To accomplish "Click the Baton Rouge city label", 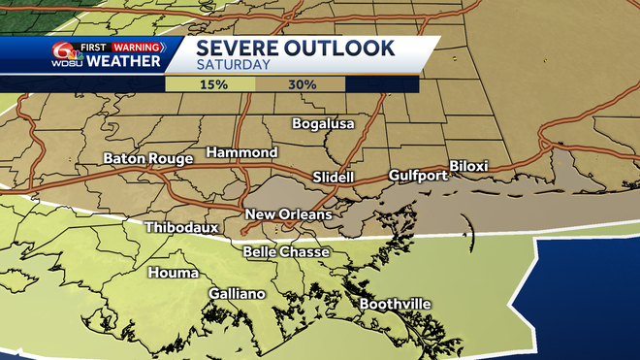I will tap(148, 158).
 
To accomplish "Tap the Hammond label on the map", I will tap(241, 152).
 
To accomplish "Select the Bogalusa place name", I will tap(324, 123).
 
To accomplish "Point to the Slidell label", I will tap(334, 178).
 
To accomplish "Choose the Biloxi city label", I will tap(468, 166).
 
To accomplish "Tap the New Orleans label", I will tap(288, 214).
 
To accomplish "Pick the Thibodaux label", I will tap(181, 228).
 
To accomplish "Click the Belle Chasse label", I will tap(286, 252).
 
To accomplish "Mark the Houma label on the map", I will tap(173, 273).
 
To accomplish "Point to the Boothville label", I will tap(395, 304).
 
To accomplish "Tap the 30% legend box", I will tap(301, 84).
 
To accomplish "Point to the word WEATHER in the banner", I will tap(123, 62).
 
